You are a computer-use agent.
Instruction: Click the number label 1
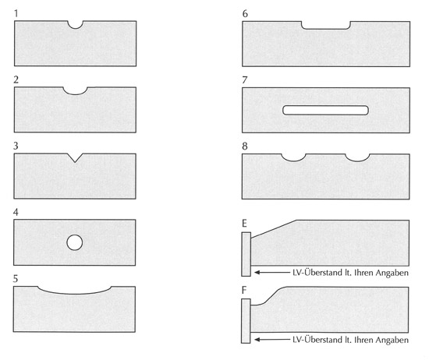(x=16, y=13)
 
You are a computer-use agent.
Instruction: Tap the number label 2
(x=16, y=79)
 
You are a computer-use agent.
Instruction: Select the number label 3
(x=16, y=146)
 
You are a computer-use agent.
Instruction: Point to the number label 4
(x=16, y=212)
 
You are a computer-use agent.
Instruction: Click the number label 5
(x=16, y=278)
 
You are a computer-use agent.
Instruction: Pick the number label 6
(x=245, y=14)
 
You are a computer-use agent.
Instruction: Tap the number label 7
(x=245, y=80)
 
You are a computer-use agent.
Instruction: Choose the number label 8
(x=245, y=146)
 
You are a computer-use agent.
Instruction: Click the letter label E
(x=244, y=224)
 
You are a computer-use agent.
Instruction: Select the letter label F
(x=244, y=290)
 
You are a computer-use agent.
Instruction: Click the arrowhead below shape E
(x=257, y=272)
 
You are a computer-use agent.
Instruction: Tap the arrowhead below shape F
(x=257, y=340)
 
